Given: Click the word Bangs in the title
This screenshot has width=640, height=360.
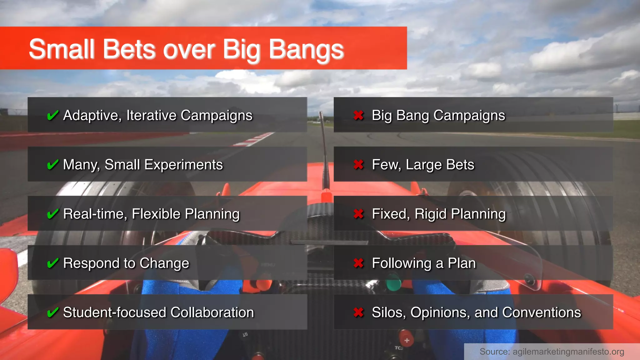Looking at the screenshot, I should (x=306, y=49).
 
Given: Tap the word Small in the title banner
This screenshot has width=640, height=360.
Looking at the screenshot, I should (x=62, y=49).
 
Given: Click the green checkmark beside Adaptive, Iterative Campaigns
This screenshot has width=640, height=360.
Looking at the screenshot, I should (x=52, y=115).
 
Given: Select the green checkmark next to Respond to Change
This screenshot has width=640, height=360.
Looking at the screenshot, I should (x=52, y=263).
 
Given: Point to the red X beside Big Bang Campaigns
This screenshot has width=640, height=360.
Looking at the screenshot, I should (x=358, y=115).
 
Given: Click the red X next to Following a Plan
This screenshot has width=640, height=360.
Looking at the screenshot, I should (x=358, y=263).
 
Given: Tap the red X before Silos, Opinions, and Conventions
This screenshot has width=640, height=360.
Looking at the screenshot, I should (x=358, y=312).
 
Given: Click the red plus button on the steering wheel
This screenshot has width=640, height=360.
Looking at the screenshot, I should (x=407, y=340).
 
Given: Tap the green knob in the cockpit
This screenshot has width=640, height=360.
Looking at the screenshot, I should (x=393, y=284).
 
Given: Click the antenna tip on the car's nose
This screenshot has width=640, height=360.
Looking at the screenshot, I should (x=320, y=113).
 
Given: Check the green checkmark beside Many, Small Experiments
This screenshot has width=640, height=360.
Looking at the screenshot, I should (x=52, y=165).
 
